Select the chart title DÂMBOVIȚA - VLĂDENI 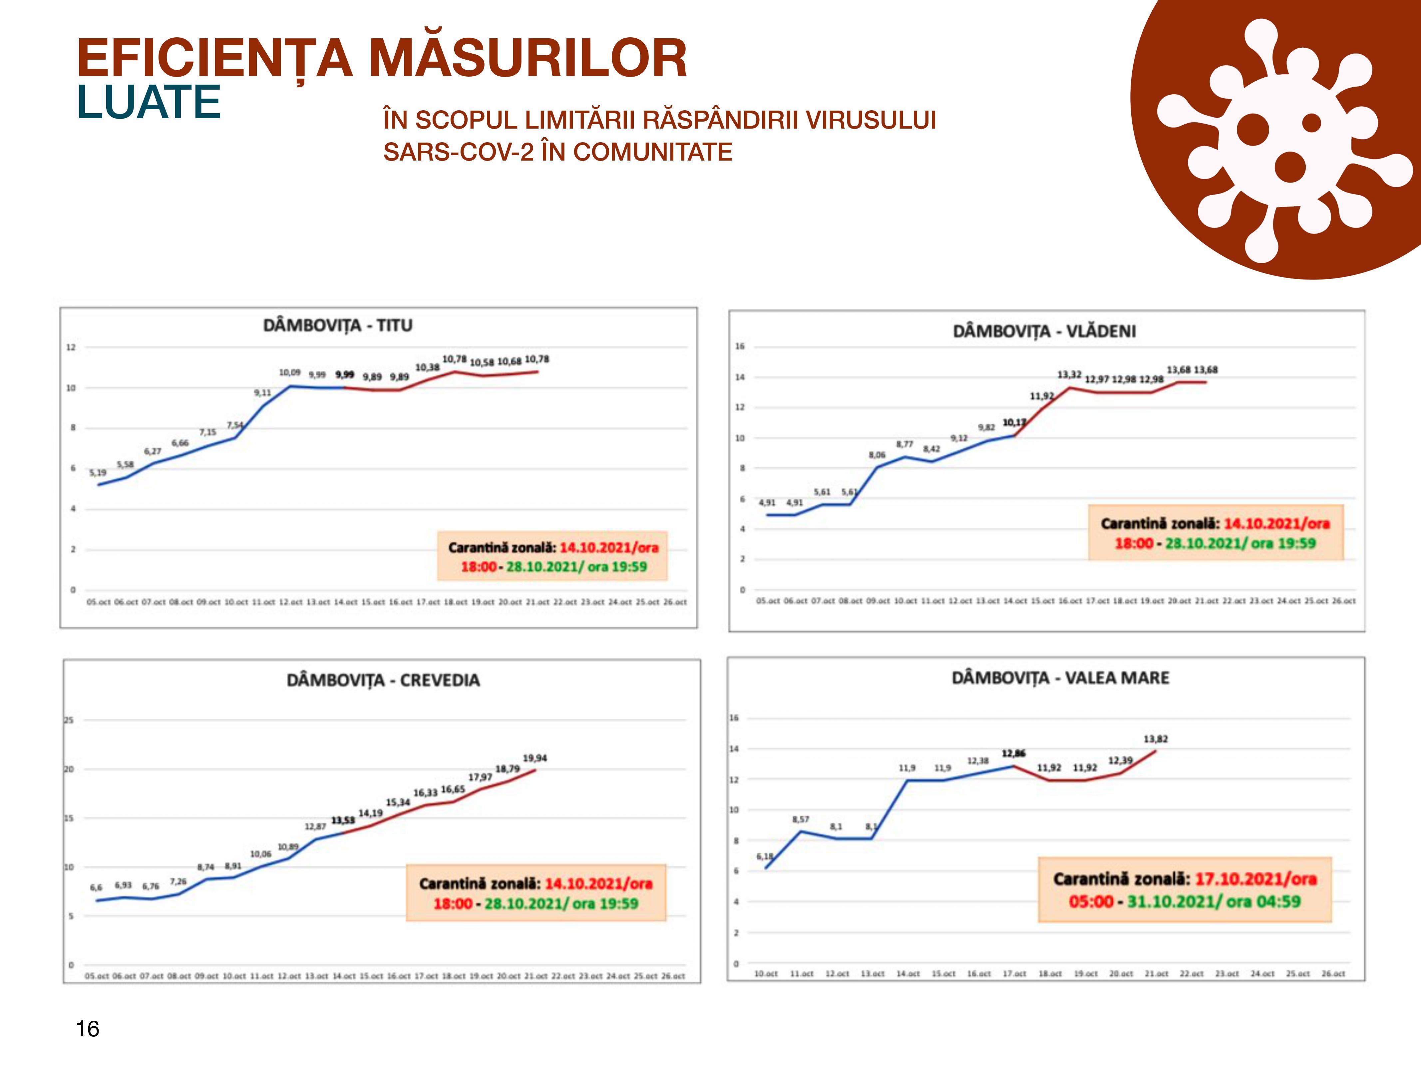(1044, 331)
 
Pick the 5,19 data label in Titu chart (98, 472)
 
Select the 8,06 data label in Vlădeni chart (877, 455)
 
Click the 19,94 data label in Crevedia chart (534, 758)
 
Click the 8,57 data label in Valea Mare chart (801, 819)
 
